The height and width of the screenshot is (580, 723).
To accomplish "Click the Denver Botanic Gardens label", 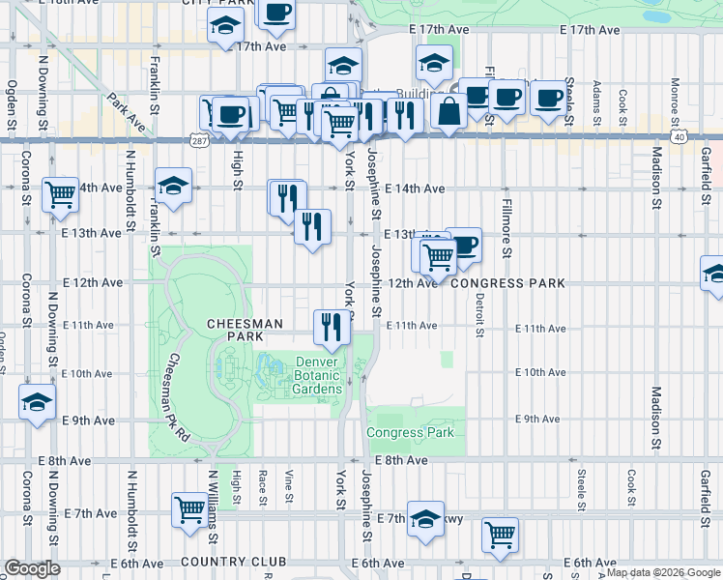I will point(317,375).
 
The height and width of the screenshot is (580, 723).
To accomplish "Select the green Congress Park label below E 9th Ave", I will point(410,433).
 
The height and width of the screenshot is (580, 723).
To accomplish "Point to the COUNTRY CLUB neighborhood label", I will point(233,562).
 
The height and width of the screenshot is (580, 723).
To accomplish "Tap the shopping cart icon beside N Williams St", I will point(189,508).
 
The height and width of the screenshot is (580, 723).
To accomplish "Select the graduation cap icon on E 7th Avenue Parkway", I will point(424,518).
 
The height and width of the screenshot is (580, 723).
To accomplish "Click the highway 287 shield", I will point(198,141).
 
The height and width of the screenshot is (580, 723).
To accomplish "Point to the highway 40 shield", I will point(681,138).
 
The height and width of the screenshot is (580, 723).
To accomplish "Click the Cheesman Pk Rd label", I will point(175,397).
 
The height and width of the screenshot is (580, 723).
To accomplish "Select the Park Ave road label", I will point(127,110).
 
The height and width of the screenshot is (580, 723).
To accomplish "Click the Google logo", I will point(32,569).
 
